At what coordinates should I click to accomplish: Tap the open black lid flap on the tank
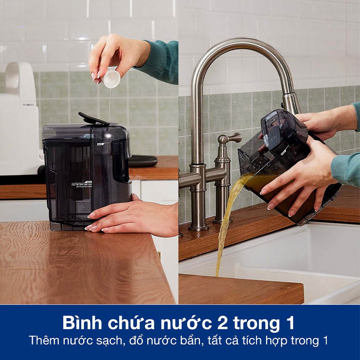point(93,118)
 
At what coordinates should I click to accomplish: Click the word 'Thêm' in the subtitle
point(45,341)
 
